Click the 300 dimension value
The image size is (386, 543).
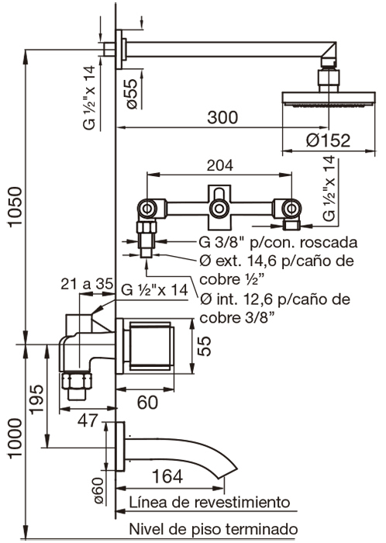(222, 117)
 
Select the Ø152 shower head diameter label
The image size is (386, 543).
(328, 140)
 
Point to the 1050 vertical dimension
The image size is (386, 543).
(16, 207)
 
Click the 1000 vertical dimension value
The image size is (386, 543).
(16, 438)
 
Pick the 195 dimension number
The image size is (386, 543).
(36, 399)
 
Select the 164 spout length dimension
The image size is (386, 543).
(167, 476)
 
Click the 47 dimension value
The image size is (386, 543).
(88, 420)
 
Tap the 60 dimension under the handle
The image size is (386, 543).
(147, 402)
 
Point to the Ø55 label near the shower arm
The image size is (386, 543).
(132, 94)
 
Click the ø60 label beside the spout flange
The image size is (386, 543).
(98, 490)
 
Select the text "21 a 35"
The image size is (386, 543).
(87, 284)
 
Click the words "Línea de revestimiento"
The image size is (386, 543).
(209, 502)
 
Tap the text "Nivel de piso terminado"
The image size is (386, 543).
(213, 529)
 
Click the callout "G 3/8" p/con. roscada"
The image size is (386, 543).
(278, 242)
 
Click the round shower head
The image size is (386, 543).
(329, 99)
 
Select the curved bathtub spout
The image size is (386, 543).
(181, 455)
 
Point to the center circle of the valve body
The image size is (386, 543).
(219, 209)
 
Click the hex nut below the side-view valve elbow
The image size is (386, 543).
(77, 381)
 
